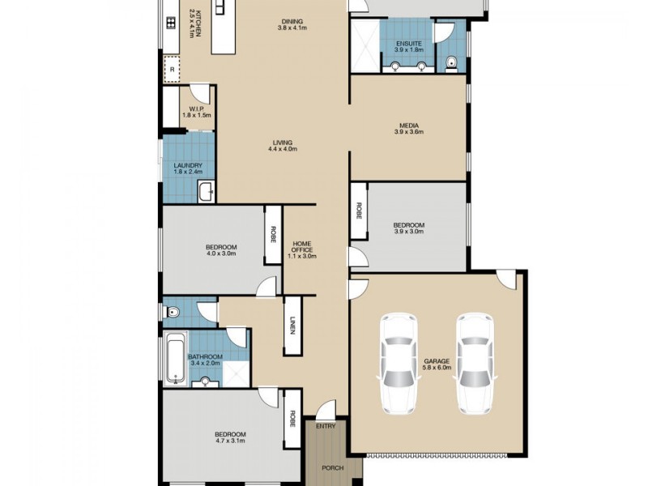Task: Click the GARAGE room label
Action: pyautogui.click(x=437, y=360)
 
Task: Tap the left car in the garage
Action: pyautogui.click(x=399, y=364)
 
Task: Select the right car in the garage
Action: pyautogui.click(x=475, y=364)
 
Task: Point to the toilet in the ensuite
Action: pyautogui.click(x=451, y=62)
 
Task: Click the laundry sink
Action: pyautogui.click(x=206, y=192)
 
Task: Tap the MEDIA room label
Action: pyautogui.click(x=409, y=126)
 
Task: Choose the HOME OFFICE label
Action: pyautogui.click(x=301, y=247)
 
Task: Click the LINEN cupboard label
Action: pyautogui.click(x=292, y=326)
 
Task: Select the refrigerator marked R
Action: pyautogui.click(x=173, y=70)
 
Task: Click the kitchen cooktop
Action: pyautogui.click(x=171, y=23)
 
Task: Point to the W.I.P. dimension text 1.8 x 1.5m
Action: pyautogui.click(x=197, y=115)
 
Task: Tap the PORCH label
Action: pyautogui.click(x=333, y=468)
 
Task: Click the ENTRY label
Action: pyautogui.click(x=326, y=426)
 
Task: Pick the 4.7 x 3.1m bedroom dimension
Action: pyautogui.click(x=230, y=441)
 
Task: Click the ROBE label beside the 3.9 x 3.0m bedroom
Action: pyautogui.click(x=358, y=211)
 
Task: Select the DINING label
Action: pyautogui.click(x=292, y=22)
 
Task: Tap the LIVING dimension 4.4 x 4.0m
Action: pyautogui.click(x=283, y=149)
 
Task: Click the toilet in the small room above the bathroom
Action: pyautogui.click(x=173, y=313)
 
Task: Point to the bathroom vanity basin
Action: pyautogui.click(x=206, y=382)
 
